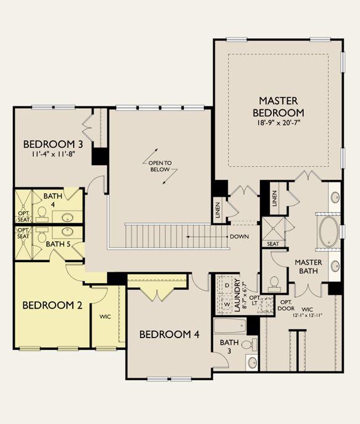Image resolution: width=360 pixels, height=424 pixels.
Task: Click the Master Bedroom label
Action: pos(278,106)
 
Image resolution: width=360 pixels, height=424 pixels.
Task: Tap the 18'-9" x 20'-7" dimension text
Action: pos(278,122)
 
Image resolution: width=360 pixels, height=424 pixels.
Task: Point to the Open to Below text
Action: pos(160,166)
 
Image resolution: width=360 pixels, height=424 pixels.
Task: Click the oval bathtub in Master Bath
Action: pos(329,231)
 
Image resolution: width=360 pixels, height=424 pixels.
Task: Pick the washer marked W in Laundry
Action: pos(227,304)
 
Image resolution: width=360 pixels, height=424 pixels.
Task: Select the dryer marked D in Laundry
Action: pos(227,286)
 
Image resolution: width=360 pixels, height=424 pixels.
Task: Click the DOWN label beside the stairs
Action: pos(240,237)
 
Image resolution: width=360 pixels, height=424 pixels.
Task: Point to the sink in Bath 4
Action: pos(67,217)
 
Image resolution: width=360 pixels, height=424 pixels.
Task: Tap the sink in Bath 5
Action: pos(67,231)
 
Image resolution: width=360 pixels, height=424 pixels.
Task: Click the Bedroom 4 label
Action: pos(169,334)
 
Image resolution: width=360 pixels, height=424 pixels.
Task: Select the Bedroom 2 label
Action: pos(52,305)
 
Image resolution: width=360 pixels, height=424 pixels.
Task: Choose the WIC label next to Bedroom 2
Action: pos(105,316)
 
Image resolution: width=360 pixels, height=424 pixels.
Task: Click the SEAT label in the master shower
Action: pos(273,244)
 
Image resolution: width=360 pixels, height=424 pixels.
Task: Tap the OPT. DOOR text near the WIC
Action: pos(287,305)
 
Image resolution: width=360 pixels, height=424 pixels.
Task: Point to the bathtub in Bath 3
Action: pos(230,326)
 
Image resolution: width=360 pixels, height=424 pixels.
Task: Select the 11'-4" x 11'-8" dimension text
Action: pos(53,154)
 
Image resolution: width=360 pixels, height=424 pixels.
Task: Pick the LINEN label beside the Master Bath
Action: pos(275,199)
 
